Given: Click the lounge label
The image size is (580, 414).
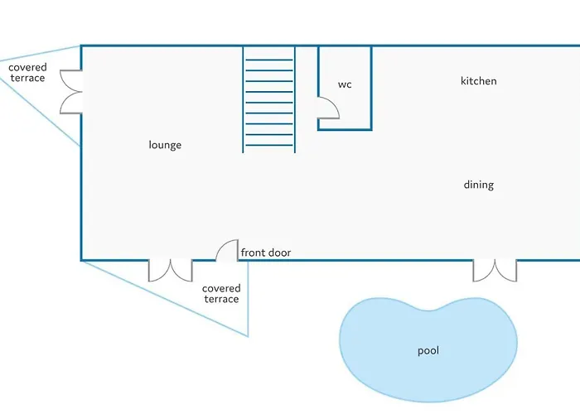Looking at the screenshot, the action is tap(165, 145).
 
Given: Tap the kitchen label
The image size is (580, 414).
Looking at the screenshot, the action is tap(479, 81).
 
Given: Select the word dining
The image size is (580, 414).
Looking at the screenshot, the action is tap(479, 185).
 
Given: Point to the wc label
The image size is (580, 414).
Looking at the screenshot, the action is tap(345, 84).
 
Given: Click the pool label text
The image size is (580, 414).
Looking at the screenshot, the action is tap(428, 350).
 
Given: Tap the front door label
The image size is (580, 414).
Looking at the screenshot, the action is tap(266, 253).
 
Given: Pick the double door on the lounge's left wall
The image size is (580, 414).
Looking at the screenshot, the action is tap(70, 92).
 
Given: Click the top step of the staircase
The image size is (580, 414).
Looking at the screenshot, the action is tap(269, 60).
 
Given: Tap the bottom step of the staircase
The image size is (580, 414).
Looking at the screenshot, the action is tap(269, 145).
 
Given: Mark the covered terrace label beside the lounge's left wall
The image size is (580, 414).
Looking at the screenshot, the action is tap(27, 73).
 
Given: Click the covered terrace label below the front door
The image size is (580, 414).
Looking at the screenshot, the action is tap(221, 293).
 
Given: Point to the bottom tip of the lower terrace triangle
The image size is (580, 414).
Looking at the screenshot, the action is tap(248, 336).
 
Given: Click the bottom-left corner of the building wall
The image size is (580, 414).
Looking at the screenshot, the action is tap(81, 260).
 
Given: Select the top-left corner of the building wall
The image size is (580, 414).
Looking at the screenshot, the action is tap(81, 46).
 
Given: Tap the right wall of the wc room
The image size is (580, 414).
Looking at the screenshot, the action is tap(371, 88).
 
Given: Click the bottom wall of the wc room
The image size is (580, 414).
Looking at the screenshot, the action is tap(345, 129).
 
